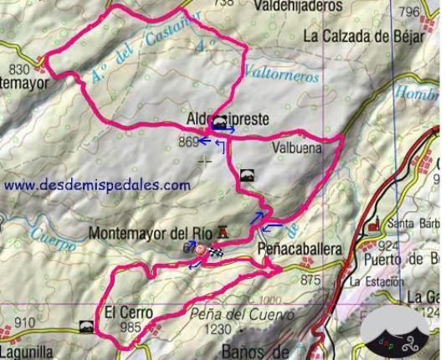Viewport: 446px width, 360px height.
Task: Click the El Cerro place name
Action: (129, 313)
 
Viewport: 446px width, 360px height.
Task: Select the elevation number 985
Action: (131, 328)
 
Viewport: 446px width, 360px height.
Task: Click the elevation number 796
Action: (410, 13)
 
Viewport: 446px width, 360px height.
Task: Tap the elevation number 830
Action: (18, 69)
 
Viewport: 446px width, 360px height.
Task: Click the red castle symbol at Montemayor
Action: (222, 232)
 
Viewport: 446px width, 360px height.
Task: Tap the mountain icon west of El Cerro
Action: (85, 325)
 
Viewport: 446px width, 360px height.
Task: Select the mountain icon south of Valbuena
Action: (245, 176)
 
